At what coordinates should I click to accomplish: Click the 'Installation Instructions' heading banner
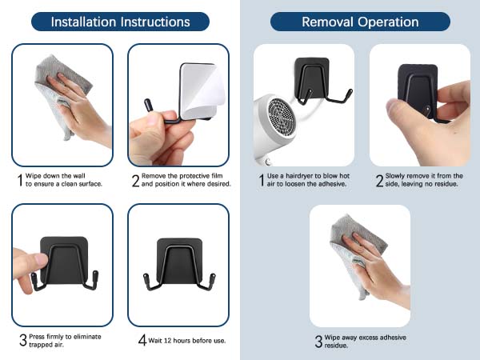click(120, 22)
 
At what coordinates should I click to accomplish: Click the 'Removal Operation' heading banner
click(360, 22)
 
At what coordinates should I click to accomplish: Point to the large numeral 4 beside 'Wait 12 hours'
click(142, 340)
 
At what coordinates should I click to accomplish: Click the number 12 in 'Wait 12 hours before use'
click(167, 341)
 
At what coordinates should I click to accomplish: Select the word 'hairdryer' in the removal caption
click(300, 176)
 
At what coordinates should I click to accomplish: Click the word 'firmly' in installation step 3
click(54, 337)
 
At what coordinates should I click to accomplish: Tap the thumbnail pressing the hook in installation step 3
click(41, 260)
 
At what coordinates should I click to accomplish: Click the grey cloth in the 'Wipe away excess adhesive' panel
click(357, 254)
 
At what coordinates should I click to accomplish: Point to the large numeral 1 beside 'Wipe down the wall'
click(20, 180)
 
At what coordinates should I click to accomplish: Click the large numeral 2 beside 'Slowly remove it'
click(379, 180)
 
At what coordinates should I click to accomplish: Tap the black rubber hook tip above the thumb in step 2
click(148, 106)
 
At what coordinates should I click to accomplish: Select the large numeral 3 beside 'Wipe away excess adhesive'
click(318, 342)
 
